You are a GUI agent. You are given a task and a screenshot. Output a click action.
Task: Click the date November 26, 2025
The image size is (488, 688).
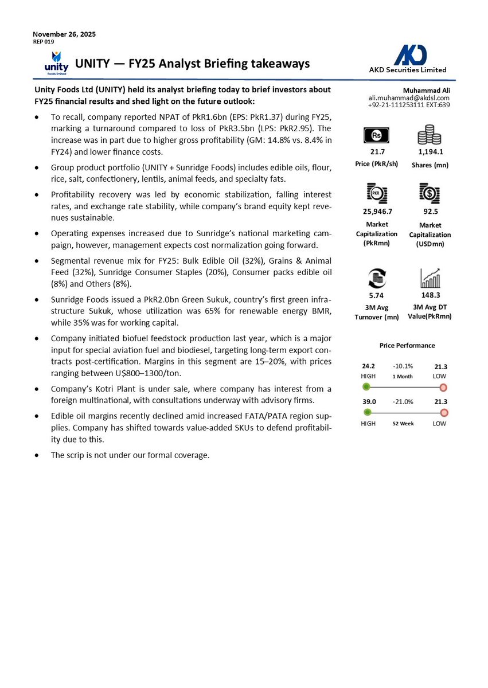[64, 34]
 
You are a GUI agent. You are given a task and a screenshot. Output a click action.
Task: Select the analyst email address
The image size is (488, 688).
[409, 98]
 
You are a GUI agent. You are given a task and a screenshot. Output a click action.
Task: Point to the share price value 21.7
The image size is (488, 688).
[377, 152]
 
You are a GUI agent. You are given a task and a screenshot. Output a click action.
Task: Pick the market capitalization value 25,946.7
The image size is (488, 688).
[376, 211]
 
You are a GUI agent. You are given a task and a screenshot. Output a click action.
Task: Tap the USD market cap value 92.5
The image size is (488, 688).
[430, 211]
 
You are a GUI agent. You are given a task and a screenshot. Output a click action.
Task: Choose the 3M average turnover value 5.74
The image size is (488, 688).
[376, 296]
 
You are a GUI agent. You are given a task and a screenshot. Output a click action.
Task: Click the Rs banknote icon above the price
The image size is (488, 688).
[377, 135]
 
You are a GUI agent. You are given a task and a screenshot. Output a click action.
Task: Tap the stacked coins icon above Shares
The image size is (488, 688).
[429, 135]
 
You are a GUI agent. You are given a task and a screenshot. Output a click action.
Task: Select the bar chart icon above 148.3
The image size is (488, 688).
[430, 279]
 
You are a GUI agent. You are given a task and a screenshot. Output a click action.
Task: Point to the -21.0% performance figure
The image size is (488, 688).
[403, 401]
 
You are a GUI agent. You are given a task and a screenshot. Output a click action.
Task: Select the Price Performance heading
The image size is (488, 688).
[407, 345]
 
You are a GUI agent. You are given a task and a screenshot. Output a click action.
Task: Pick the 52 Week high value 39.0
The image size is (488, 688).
[369, 401]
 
